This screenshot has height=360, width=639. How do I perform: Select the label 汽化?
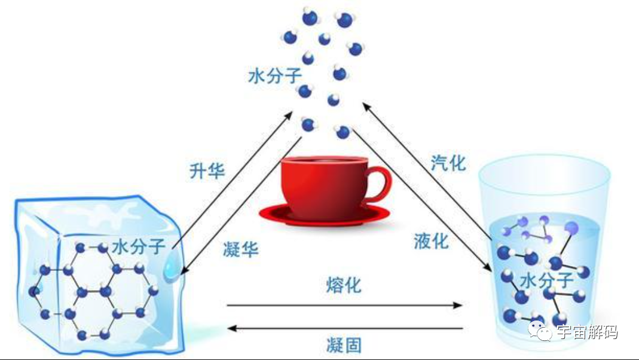[x=448, y=162]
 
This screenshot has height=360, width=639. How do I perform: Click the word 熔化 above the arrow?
[x=344, y=284]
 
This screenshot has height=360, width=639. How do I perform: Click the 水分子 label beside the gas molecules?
[x=274, y=77]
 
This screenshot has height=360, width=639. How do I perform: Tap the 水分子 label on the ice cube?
[x=138, y=246]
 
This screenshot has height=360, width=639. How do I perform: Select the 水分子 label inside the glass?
[x=546, y=279]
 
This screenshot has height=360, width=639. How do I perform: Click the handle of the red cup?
[x=378, y=182]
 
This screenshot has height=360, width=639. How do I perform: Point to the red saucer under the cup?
[x=323, y=213]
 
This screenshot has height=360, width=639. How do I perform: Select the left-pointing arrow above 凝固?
[x=347, y=328]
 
